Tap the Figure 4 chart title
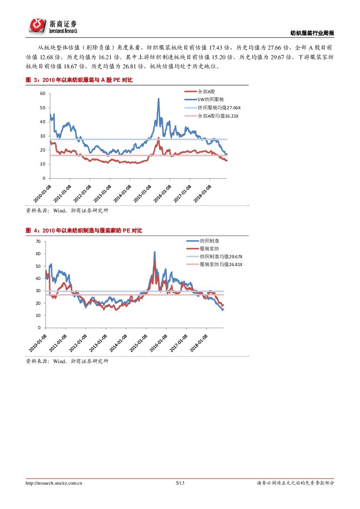point(84,230)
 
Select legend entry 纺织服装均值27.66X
point(219,108)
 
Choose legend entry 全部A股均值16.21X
point(218,116)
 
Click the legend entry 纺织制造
point(209,241)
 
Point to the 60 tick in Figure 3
point(43,94)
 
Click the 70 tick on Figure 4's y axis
point(38,241)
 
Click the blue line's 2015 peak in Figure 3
point(158,99)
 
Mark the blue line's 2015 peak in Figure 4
point(155,252)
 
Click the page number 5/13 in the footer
point(180,483)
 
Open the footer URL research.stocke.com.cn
point(54,483)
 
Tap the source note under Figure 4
point(67,361)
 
